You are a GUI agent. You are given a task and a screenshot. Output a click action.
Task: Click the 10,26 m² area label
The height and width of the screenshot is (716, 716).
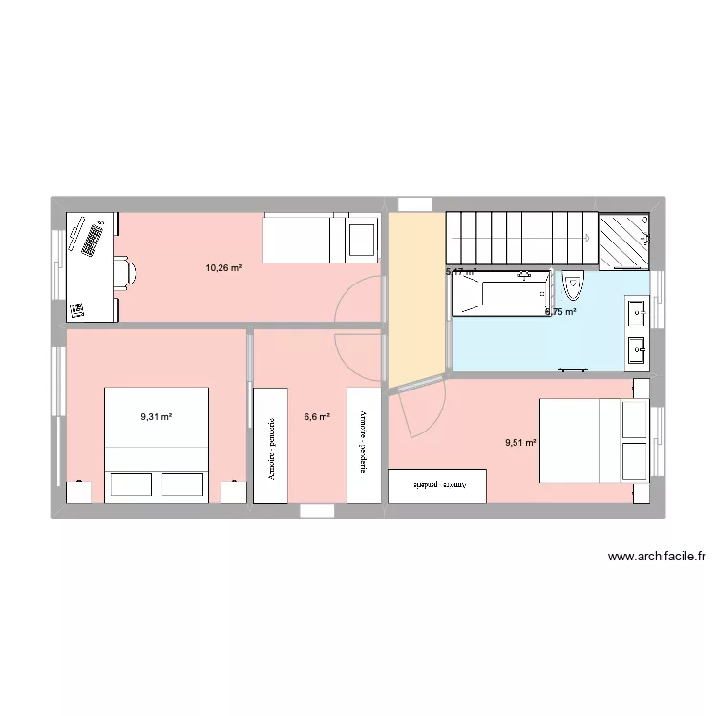click(223, 268)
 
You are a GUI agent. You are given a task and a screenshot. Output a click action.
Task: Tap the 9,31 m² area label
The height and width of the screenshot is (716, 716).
click(156, 417)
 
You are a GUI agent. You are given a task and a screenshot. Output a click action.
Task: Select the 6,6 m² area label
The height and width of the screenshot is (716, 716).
click(317, 417)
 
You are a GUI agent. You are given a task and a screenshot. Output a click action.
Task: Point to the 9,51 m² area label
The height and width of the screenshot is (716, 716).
click(520, 442)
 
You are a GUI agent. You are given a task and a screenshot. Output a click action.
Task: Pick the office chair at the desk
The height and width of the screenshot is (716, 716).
click(123, 271)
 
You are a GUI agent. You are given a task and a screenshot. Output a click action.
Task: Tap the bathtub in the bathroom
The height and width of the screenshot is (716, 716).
click(501, 293)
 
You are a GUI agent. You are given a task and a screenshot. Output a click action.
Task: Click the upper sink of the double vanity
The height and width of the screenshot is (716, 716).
click(637, 311)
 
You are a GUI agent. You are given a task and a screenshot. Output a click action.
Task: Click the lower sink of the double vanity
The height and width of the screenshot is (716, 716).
click(637, 350)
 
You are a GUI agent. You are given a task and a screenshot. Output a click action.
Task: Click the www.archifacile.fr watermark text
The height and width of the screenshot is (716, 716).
click(656, 558)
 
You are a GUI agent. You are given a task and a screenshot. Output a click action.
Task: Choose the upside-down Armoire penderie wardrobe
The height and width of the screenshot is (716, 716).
click(438, 485)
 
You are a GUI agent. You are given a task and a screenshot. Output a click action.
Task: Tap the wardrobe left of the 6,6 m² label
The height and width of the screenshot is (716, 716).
click(271, 445)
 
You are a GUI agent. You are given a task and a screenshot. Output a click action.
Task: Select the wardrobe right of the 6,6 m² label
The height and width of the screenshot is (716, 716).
click(362, 445)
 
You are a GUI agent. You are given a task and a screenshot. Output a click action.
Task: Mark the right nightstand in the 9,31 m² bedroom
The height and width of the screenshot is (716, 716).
click(233, 491)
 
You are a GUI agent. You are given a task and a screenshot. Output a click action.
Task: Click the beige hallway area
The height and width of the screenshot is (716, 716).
click(413, 296)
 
